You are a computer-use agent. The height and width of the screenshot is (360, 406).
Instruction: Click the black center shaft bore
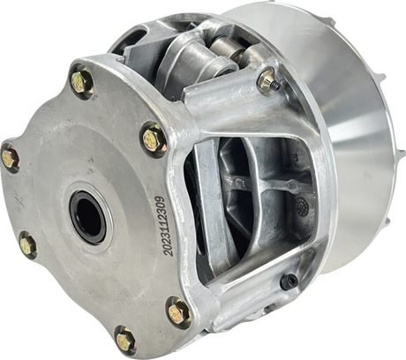[x=88, y=217]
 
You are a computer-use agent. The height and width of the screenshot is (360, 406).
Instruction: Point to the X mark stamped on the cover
[x=19, y=203]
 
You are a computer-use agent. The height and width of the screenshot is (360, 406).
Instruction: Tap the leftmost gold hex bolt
[x=11, y=159]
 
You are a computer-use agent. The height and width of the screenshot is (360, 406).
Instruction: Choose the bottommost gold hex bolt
[x=126, y=341]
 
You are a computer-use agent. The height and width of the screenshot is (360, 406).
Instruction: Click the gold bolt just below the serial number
[x=179, y=311]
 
